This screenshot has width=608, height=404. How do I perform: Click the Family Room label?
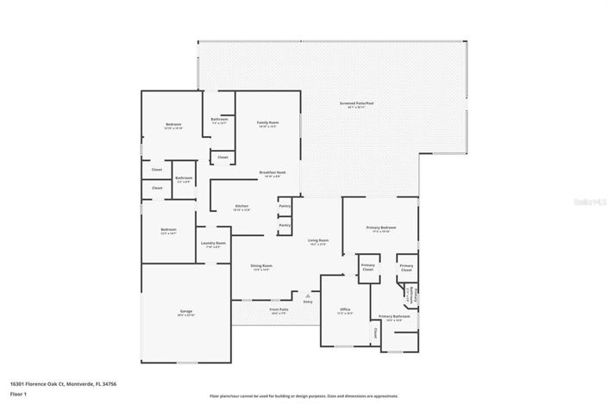pyautogui.click(x=268, y=123)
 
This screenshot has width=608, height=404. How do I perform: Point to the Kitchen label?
pyautogui.click(x=242, y=206)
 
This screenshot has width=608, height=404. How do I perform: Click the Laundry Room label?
pyautogui.click(x=213, y=244)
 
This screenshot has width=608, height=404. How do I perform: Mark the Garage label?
pyautogui.click(x=185, y=311)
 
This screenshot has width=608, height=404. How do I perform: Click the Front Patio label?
pyautogui.click(x=279, y=309)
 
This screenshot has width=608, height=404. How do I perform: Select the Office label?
pyautogui.click(x=344, y=309)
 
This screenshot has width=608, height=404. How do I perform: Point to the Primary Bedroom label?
pyautogui.click(x=381, y=227)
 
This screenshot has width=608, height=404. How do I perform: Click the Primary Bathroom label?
pyautogui.click(x=393, y=316)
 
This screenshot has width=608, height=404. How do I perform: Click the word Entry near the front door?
pyautogui.click(x=308, y=301)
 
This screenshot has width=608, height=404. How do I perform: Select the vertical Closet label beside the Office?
pyautogui.click(x=376, y=332)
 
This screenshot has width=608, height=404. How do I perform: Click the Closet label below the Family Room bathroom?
pyautogui.click(x=223, y=157)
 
